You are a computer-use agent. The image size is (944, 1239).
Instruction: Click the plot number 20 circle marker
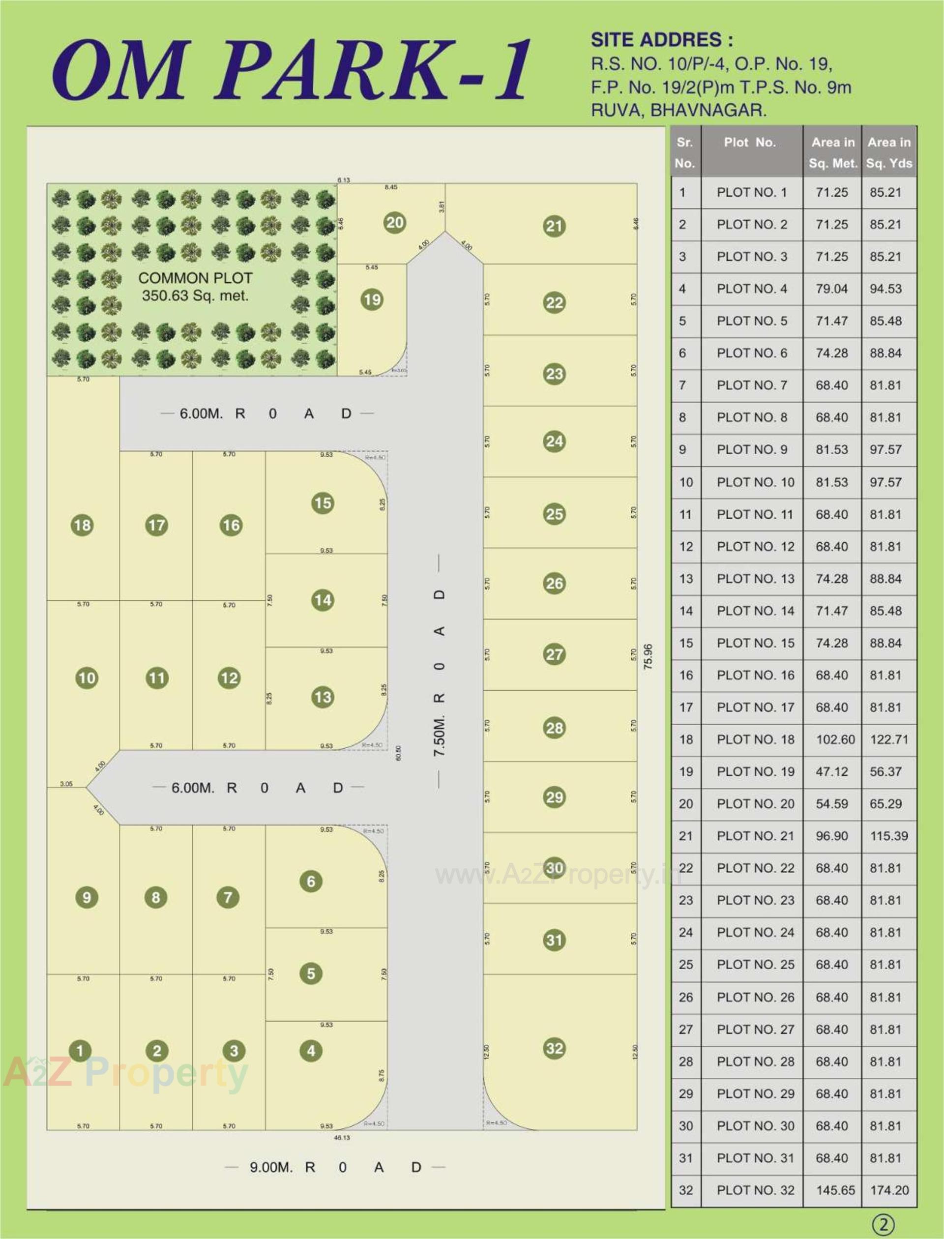[395, 223]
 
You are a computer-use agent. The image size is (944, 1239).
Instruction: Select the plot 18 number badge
[82, 526]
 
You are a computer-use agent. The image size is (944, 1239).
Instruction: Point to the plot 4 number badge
[311, 1050]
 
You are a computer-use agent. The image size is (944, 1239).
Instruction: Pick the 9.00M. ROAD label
[335, 1167]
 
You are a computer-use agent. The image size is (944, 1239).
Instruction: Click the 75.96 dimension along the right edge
[648, 656]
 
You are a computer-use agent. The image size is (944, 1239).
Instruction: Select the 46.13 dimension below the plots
[342, 1137]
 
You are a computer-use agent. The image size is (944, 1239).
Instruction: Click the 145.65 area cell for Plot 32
[835, 1190]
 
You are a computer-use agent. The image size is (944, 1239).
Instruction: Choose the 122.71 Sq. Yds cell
[889, 739]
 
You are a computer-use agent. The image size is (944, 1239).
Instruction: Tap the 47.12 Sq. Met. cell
[831, 771]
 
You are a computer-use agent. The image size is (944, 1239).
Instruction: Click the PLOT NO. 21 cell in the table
[755, 836]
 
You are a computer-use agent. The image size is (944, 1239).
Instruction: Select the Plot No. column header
[750, 143]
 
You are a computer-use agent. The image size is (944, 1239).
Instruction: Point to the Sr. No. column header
[684, 152]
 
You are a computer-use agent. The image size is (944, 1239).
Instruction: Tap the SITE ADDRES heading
[661, 40]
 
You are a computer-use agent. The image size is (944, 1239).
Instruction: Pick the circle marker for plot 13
[323, 697]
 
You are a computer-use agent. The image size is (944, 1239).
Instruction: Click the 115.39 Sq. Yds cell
[889, 836]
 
